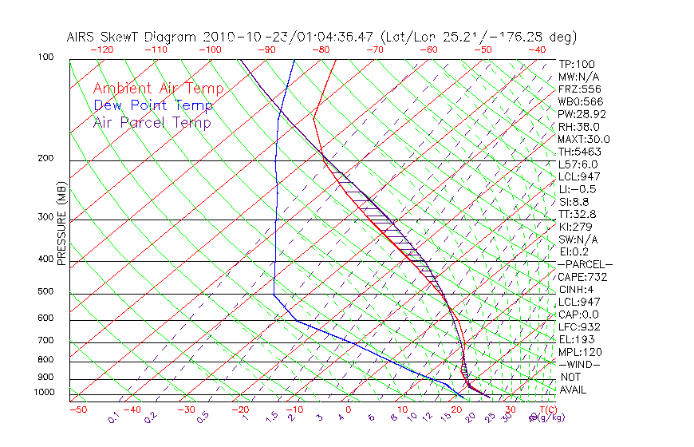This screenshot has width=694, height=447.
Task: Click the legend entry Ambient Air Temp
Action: click(x=158, y=89)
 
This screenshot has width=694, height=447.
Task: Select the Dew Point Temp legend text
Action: click(x=153, y=105)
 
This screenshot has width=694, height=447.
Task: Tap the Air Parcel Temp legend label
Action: click(x=152, y=122)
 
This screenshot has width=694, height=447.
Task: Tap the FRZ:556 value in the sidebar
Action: click(x=579, y=89)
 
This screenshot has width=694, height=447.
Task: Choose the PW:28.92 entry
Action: click(x=582, y=113)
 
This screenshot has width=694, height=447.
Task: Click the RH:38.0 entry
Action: click(x=579, y=126)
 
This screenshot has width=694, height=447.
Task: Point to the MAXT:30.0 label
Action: click(x=584, y=139)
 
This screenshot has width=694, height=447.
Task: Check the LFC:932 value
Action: click(x=579, y=326)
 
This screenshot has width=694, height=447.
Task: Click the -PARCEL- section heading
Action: click(x=585, y=264)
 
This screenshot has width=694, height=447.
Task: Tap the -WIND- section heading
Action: click(x=579, y=364)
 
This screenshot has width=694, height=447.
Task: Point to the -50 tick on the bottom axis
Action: click(x=77, y=409)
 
